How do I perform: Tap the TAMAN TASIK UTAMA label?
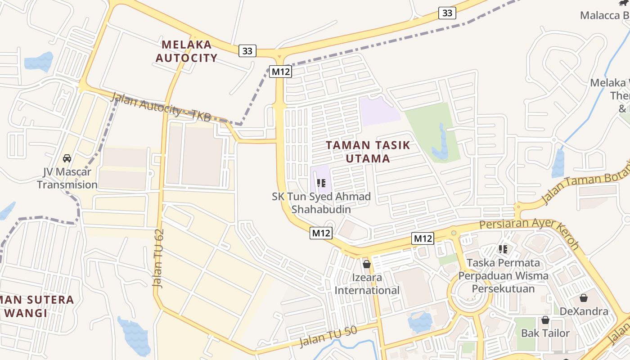click(368, 152)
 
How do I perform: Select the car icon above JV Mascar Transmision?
click(67, 158)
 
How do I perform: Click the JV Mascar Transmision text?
click(67, 178)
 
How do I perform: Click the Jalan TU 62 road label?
click(158, 258)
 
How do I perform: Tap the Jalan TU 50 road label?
click(328, 337)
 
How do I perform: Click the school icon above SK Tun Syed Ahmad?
click(321, 183)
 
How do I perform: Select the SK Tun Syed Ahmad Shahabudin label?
click(321, 203)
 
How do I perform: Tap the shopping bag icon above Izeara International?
click(367, 264)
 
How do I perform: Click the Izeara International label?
click(367, 284)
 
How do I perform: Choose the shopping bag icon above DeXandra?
click(584, 298)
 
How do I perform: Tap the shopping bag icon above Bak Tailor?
click(545, 320)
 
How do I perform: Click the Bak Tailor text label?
click(545, 333)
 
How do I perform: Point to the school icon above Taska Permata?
click(503, 249)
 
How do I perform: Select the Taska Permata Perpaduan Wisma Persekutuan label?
click(503, 275)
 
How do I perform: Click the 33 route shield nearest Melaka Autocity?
click(247, 51)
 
